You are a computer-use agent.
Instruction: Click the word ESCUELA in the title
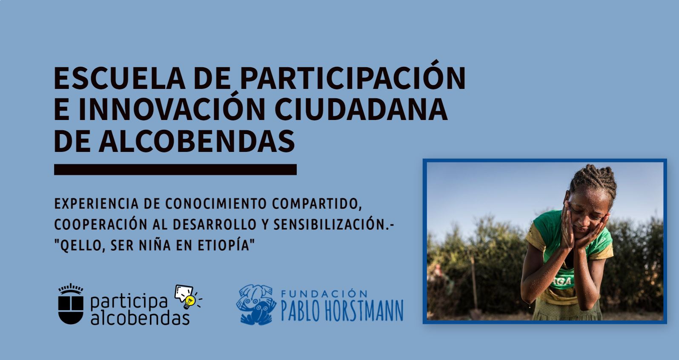point(120,78)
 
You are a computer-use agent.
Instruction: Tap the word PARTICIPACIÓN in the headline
point(352,75)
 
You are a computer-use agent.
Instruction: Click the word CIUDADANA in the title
point(361,109)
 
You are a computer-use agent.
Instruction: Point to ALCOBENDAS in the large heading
point(197,141)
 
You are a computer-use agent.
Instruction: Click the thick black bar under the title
point(175,170)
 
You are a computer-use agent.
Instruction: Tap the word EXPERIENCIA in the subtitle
point(96,204)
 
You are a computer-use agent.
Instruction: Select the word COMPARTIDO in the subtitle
point(317,204)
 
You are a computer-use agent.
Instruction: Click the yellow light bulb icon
point(190,302)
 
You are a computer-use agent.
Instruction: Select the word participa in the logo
point(129,301)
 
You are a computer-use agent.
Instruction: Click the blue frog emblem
point(256,304)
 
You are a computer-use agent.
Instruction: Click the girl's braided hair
point(593,179)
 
